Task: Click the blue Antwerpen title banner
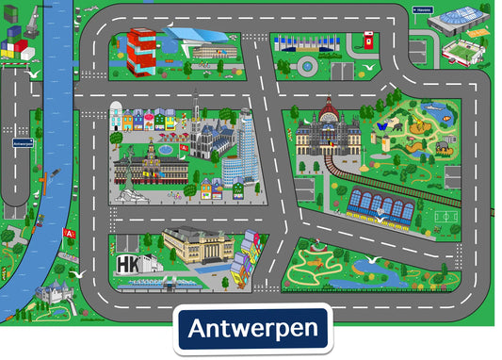point(251,330)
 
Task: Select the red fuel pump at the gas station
point(368,41)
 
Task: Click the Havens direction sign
point(421,10)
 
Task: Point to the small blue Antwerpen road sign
point(24,144)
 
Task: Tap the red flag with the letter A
point(69,233)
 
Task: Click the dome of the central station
point(330,115)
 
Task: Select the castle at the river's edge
point(49,295)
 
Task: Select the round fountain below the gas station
point(307,64)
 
